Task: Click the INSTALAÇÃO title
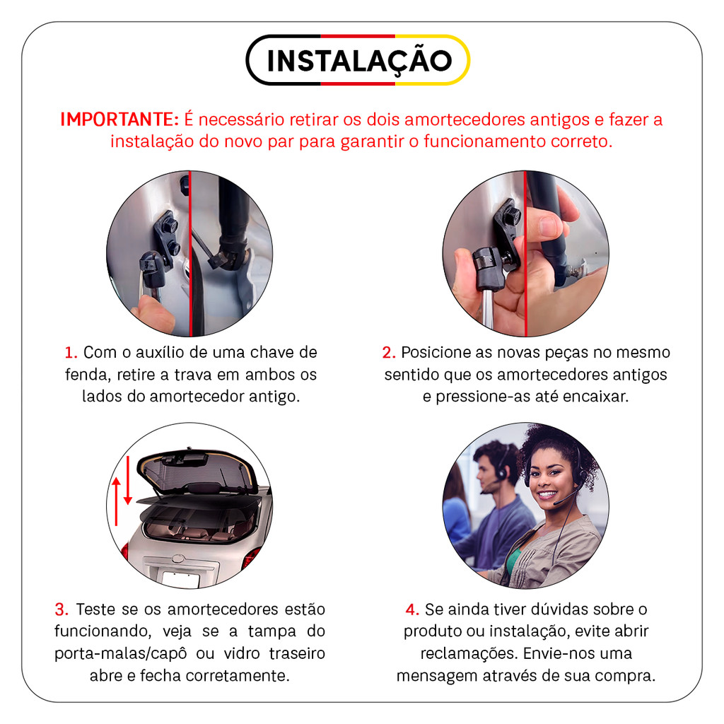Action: coord(359,62)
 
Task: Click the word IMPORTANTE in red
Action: coord(119,119)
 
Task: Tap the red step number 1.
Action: coord(71,353)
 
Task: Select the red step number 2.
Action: coord(389,353)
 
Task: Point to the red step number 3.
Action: coord(62,609)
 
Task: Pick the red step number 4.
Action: coord(412,609)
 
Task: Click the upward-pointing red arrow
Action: coord(117,501)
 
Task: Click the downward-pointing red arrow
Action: coord(128,480)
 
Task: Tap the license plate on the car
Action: coord(181,579)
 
